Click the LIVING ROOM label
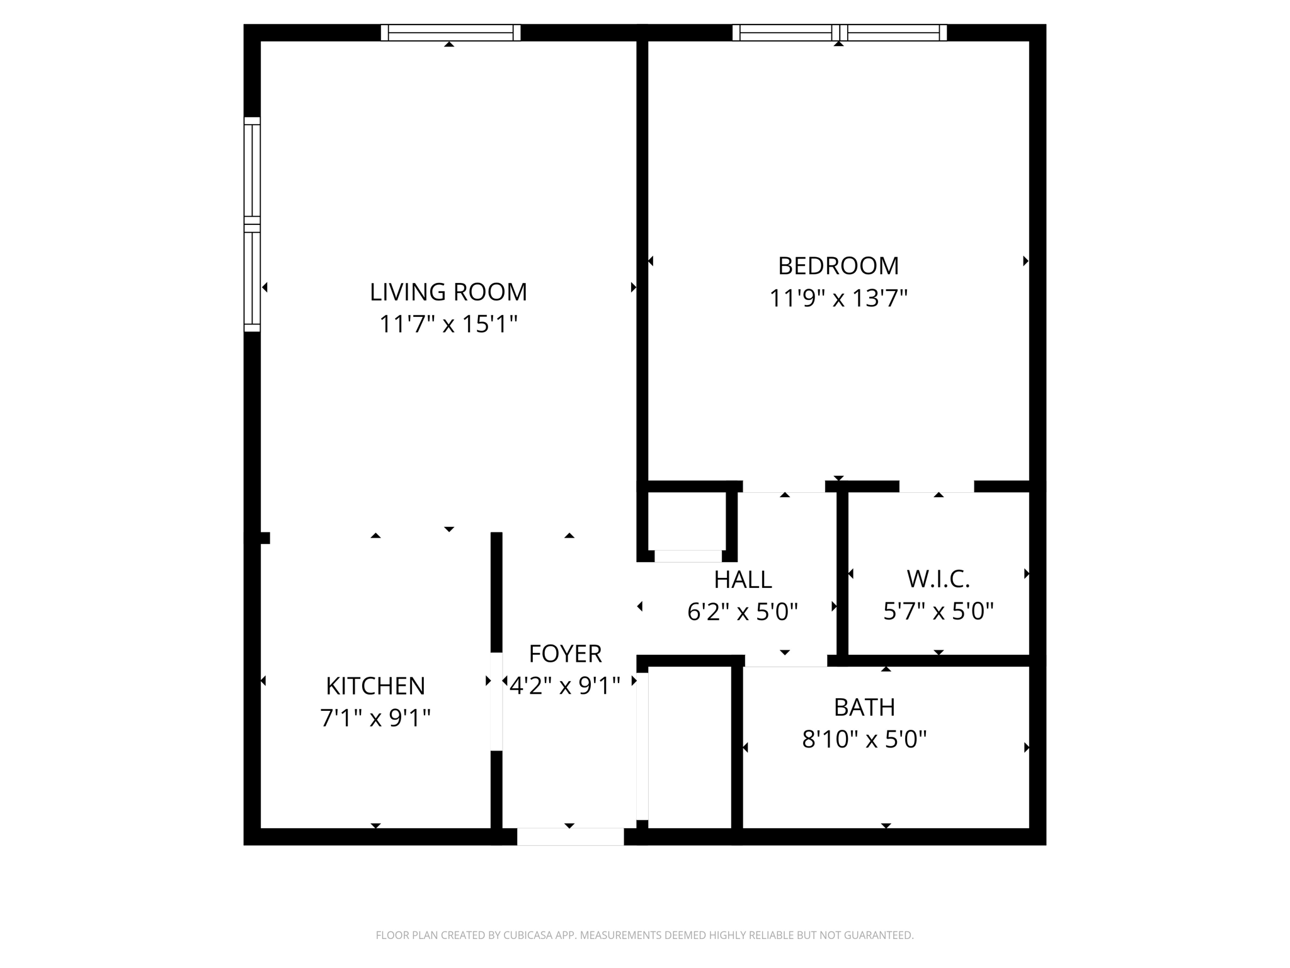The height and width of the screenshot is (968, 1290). click(448, 292)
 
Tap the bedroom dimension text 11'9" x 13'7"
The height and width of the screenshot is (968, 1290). click(838, 298)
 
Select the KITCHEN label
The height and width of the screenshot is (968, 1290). click(375, 686)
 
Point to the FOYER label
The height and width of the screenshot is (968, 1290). click(565, 654)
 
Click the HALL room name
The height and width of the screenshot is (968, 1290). click(743, 579)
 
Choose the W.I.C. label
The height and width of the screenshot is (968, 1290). click(938, 579)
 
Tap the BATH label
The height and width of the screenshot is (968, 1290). click(864, 707)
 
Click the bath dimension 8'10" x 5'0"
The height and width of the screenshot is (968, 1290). click(864, 739)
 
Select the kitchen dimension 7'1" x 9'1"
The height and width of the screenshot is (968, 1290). click(375, 718)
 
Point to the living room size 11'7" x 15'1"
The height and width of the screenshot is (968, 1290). click(448, 325)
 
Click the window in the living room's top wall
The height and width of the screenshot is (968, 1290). click(450, 33)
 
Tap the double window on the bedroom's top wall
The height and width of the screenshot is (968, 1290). click(839, 33)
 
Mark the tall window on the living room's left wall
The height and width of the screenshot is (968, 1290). click(252, 224)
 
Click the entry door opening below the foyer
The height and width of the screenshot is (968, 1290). click(570, 836)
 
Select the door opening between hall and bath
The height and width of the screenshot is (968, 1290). click(785, 660)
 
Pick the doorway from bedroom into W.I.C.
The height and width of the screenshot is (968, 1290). click(936, 487)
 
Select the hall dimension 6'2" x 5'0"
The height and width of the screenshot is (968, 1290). click(743, 611)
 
